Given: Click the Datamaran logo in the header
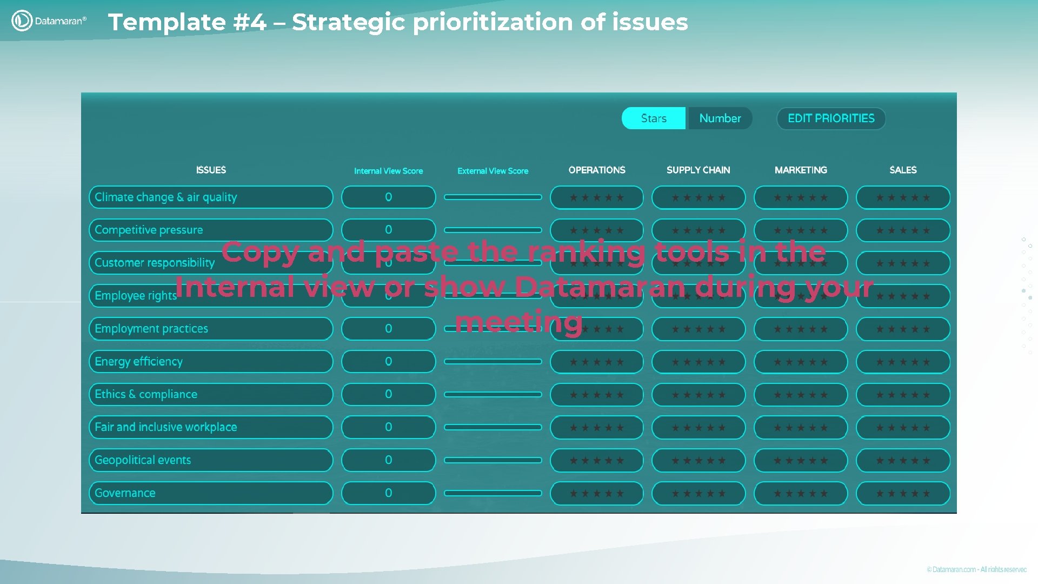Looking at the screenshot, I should [49, 21].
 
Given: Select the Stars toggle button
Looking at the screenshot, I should [654, 118].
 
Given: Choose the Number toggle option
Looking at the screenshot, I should [720, 118].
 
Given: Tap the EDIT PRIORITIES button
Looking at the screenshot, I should [831, 118].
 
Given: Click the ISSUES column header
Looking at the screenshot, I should [211, 170].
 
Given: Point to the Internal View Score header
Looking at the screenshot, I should [388, 171].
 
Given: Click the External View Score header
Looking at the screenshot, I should [493, 171].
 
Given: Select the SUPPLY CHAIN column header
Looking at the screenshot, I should [698, 170].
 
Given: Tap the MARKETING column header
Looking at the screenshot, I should [801, 170].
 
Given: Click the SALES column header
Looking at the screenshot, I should [903, 170].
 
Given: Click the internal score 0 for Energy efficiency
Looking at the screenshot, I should [388, 362].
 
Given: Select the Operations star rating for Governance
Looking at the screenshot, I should [597, 493].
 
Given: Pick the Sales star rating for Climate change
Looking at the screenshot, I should [903, 197].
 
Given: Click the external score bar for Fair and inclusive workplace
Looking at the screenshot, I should [493, 427].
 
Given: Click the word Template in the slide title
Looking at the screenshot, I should [167, 22].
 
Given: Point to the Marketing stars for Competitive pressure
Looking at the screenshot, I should [801, 230].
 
